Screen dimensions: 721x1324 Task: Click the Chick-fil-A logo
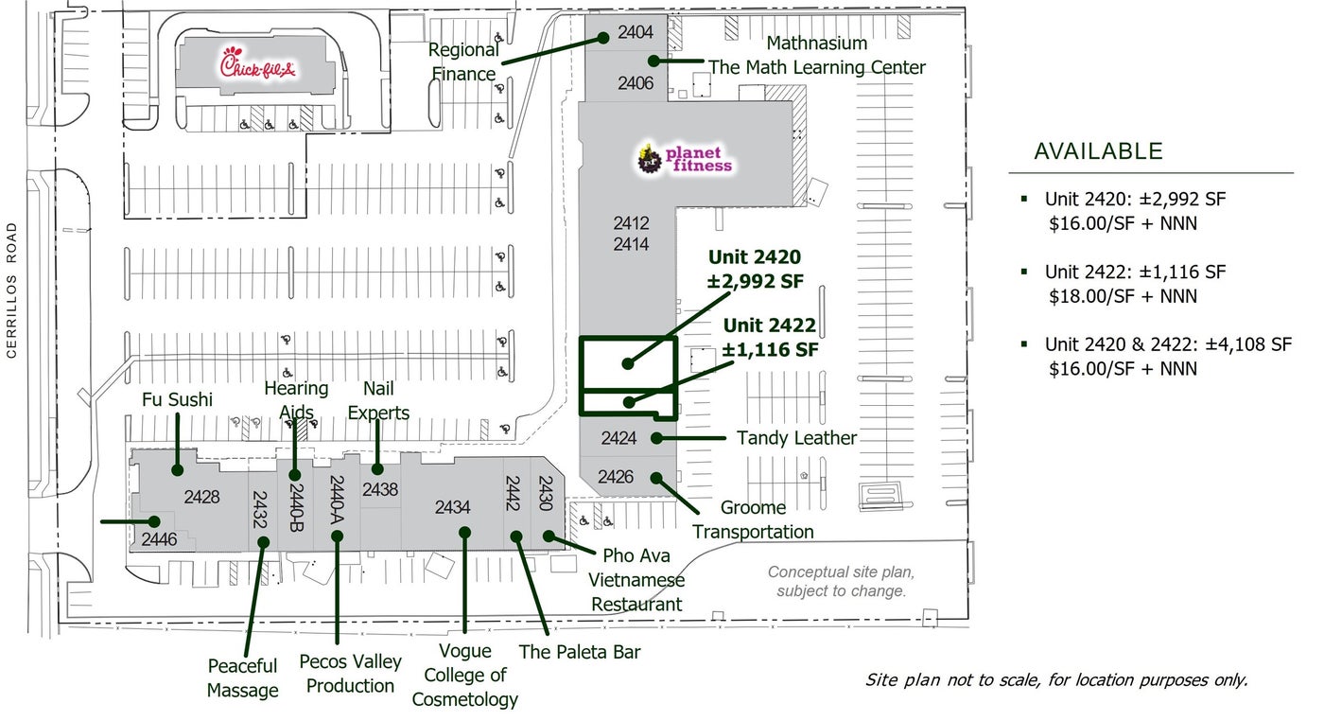(258, 65)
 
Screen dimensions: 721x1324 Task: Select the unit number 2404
(636, 32)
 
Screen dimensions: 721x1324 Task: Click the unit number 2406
(636, 83)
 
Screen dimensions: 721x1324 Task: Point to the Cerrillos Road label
(12, 290)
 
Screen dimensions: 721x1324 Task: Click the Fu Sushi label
(178, 400)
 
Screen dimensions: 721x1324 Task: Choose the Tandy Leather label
(796, 438)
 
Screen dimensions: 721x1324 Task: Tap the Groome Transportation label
(753, 519)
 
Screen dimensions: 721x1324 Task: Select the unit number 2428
(201, 497)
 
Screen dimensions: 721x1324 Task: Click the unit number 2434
(452, 507)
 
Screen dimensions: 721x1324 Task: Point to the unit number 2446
(159, 539)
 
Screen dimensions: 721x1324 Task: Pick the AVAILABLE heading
(1098, 151)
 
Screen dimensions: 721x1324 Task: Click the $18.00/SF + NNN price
(1124, 296)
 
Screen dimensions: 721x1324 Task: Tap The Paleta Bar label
(580, 652)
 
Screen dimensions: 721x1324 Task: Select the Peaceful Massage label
(242, 678)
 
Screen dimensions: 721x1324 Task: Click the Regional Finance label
(463, 62)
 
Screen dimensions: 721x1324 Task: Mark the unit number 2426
(616, 477)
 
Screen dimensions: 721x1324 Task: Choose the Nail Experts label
(378, 401)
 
